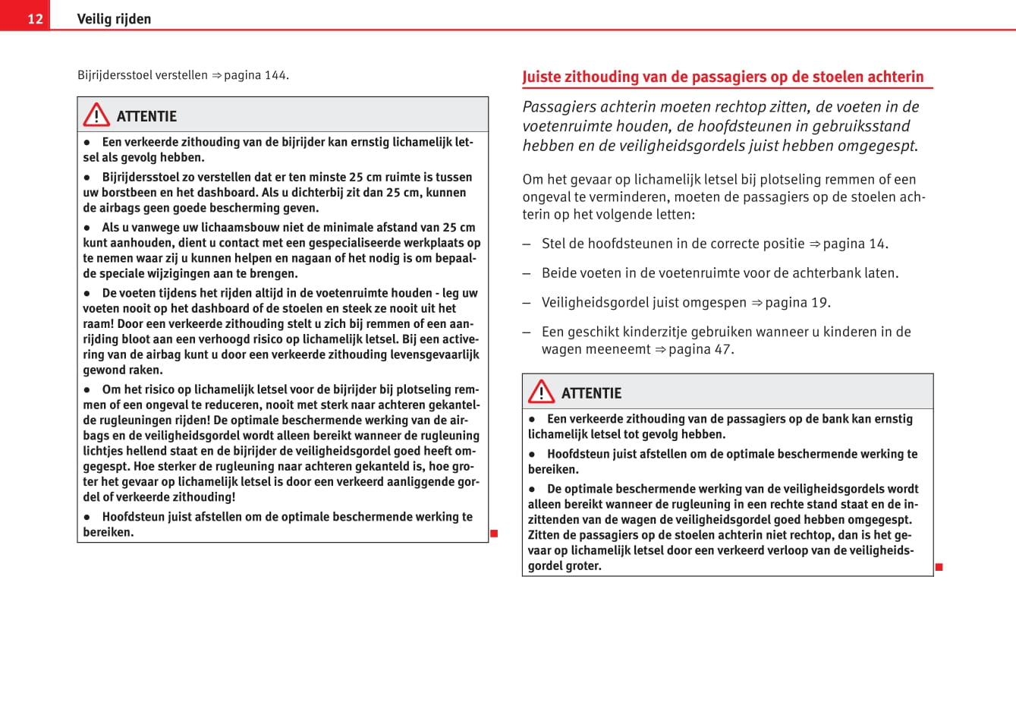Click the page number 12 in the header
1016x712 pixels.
[35, 19]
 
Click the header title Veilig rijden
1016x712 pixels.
[114, 19]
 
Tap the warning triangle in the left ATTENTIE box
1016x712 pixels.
[96, 115]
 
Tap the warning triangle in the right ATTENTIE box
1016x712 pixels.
[541, 392]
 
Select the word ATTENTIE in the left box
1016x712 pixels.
[146, 116]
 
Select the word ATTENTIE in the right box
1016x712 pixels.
[591, 393]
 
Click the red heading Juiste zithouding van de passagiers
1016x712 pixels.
[722, 77]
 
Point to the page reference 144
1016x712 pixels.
[275, 75]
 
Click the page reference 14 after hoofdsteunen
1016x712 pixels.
[877, 244]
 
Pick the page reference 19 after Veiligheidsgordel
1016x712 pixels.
[819, 303]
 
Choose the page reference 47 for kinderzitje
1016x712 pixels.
[722, 349]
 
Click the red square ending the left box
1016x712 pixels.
[494, 534]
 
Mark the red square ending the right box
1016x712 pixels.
[939, 567]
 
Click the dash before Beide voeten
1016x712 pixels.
[527, 273]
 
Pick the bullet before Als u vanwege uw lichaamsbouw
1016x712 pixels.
[87, 228]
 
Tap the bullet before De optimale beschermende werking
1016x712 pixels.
[532, 490]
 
